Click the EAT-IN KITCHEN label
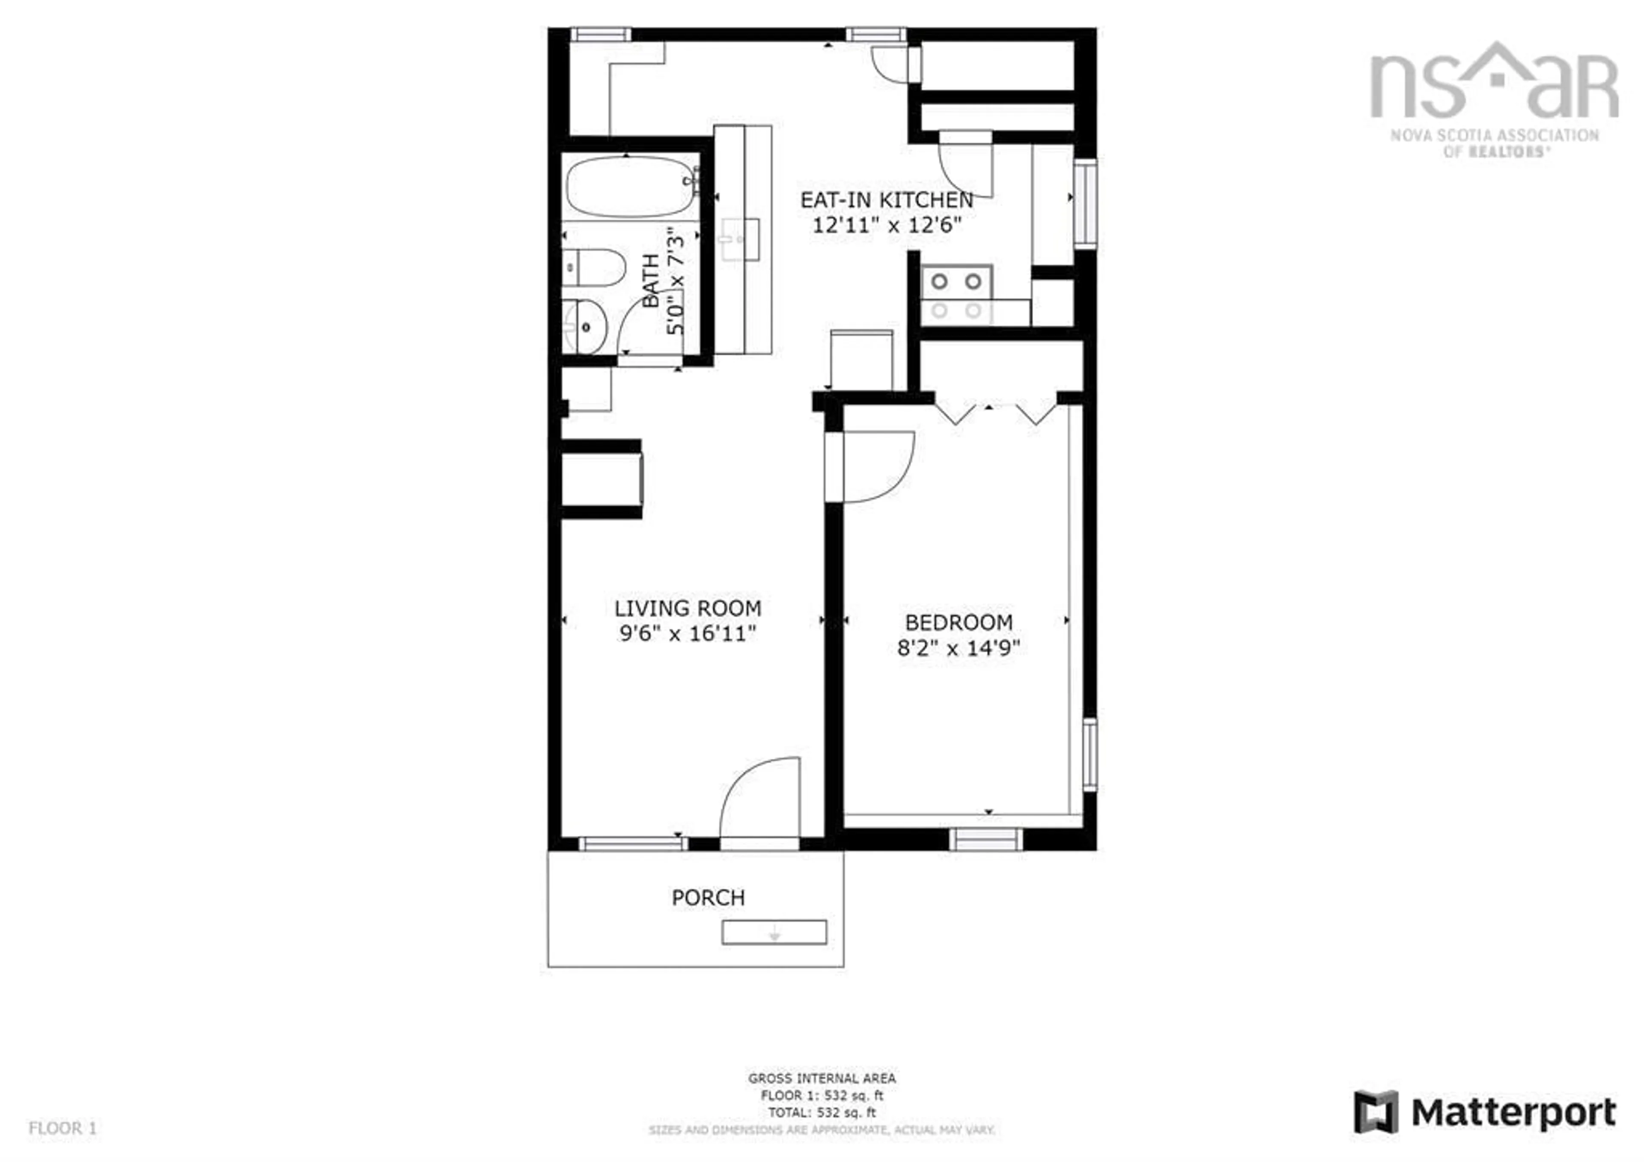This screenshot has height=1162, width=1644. pos(887,200)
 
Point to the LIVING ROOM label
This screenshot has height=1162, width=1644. pos(688,609)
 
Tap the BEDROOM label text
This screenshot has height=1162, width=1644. pos(958,623)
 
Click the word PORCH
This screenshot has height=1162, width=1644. pos(708,898)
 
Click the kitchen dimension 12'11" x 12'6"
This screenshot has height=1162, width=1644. pos(887,226)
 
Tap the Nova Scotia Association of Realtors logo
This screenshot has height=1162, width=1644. pos(1494,100)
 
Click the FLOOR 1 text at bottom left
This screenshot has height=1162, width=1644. pos(63,1128)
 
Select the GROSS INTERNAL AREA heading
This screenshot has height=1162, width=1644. pos(821,1078)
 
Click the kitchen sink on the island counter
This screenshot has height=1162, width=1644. pos(740,240)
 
